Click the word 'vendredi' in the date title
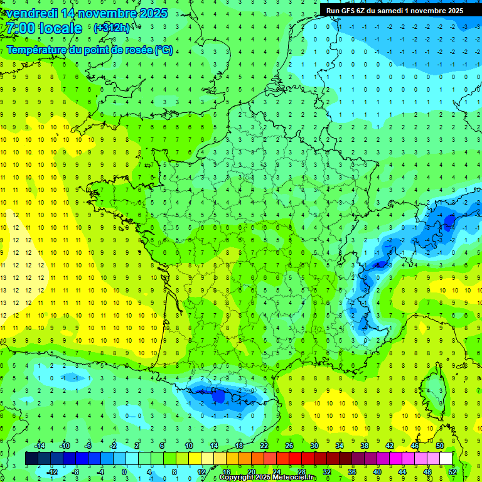pyautogui.click(x=31, y=13)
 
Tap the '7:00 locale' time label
pyautogui.click(x=44, y=28)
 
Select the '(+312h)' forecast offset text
pyautogui.click(x=112, y=28)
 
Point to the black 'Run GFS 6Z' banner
pyautogui.click(x=395, y=10)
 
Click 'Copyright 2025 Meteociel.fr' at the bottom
pyautogui.click(x=268, y=478)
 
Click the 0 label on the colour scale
pyautogui.click(x=124, y=471)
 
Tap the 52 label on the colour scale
pyautogui.click(x=453, y=471)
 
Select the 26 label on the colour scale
pyautogui.click(x=289, y=445)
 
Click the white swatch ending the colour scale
pyautogui.click(x=446, y=459)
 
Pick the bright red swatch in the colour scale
pyautogui.click(x=295, y=459)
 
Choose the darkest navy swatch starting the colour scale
pyautogui.click(x=31, y=459)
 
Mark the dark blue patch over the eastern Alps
pyautogui.click(x=448, y=220)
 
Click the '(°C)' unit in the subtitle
pyautogui.click(x=164, y=50)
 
